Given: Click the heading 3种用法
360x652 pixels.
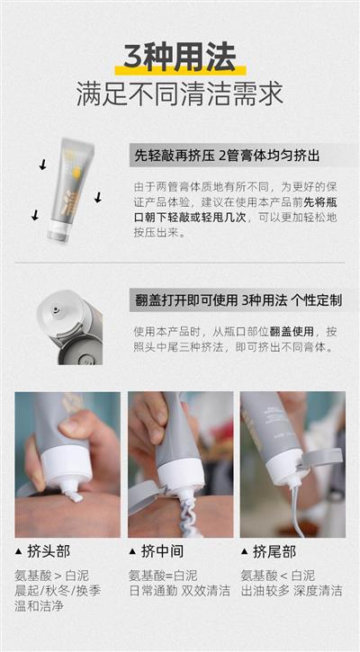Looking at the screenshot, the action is [x=180, y=57].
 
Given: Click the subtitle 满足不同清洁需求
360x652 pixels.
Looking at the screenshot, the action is [x=180, y=94].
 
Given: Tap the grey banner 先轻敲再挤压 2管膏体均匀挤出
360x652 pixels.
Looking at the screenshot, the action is [x=244, y=156].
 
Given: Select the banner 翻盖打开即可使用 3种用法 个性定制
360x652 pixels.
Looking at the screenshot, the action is [x=244, y=299].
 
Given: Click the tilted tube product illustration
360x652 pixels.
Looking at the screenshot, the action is [x=69, y=190].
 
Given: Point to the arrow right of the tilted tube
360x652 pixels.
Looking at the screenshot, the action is [x=98, y=198].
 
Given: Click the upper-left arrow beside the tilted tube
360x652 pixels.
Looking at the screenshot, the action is [x=42, y=165].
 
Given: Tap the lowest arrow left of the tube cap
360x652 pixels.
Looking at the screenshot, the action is [x=35, y=215].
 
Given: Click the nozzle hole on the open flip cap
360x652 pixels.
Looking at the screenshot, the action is [x=56, y=309].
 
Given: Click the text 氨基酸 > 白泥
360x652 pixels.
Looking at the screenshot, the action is [x=51, y=576].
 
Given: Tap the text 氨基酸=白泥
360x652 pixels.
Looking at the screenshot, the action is [x=163, y=576].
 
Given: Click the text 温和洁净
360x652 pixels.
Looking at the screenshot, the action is [x=39, y=605].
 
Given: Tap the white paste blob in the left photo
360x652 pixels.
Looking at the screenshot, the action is [x=76, y=495].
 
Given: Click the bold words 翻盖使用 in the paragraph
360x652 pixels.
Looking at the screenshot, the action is [x=291, y=332].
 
